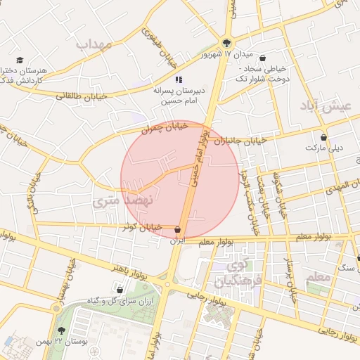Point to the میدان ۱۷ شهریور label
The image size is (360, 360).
click(x=227, y=55)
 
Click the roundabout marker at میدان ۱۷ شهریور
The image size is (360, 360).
click(x=226, y=41)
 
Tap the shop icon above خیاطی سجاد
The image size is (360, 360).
click(x=263, y=58)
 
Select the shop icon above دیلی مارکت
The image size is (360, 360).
click(x=323, y=137)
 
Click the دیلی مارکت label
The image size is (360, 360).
click(x=323, y=148)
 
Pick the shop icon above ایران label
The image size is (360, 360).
click(x=177, y=230)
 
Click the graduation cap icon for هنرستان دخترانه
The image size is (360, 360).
click(x=20, y=60)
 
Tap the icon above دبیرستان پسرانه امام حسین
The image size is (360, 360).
click(x=179, y=79)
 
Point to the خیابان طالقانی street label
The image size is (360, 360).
click(x=82, y=96)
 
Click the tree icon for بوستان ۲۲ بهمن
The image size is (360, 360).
click(x=61, y=330)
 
